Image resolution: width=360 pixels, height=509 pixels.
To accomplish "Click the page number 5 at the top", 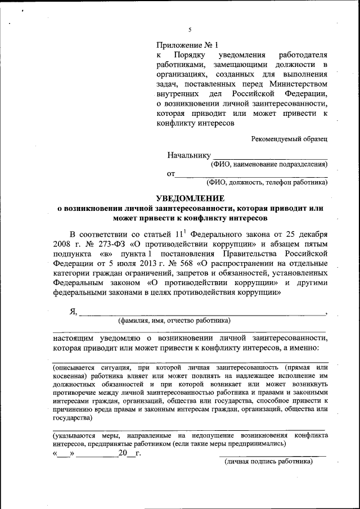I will point(190,30).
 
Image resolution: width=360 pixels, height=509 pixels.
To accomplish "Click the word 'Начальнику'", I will point(188,155).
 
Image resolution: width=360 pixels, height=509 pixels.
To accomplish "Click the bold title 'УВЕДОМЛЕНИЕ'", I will point(190,198).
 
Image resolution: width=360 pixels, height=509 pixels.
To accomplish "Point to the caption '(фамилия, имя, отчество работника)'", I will point(174,321).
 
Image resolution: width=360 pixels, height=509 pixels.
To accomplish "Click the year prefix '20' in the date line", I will point(124,453).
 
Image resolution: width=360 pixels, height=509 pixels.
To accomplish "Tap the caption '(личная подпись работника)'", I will point(268,462).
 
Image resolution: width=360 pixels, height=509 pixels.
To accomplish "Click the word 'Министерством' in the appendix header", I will point(298,83).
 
